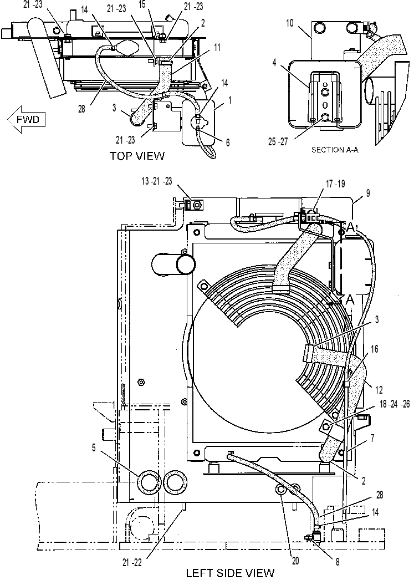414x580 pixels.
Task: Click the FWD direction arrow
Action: click(x=26, y=119)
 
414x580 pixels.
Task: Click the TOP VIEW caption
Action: click(x=137, y=156)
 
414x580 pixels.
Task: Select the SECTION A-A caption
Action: click(x=335, y=150)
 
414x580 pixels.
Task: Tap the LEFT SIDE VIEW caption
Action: click(x=230, y=573)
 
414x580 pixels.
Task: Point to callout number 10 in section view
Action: click(x=289, y=23)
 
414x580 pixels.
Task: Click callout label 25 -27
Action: click(x=278, y=141)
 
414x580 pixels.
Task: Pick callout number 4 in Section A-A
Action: click(x=274, y=63)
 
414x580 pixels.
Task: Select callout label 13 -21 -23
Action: click(x=157, y=181)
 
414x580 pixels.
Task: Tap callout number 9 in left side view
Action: click(x=368, y=193)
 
